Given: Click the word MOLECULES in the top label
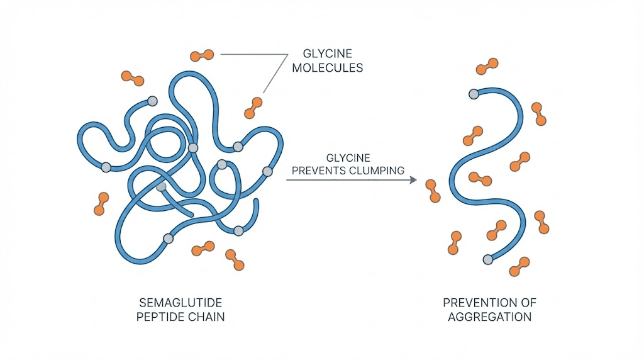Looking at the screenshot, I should (327, 67).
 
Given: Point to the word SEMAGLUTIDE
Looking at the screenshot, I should (180, 303).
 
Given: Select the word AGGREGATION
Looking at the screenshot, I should (489, 317).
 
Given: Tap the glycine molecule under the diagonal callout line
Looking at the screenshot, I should (253, 107).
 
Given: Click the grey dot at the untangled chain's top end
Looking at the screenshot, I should (474, 94).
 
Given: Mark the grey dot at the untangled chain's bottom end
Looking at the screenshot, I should (487, 259).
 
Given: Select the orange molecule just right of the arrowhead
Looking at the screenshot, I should (432, 191).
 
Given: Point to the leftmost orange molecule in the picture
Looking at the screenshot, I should (100, 204).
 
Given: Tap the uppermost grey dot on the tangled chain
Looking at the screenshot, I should (152, 101).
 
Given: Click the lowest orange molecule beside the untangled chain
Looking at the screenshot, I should (520, 266).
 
